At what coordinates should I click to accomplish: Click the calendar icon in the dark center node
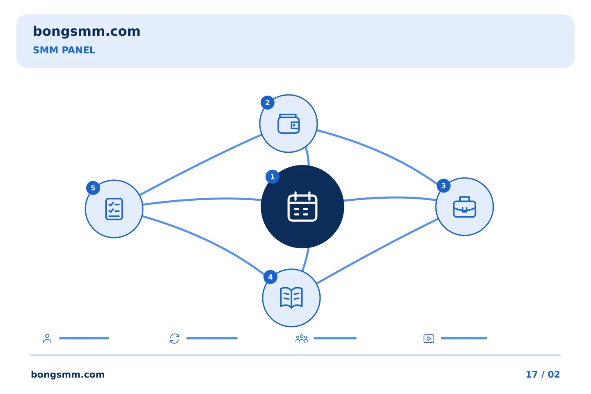pos(302,206)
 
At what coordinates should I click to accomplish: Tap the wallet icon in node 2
pos(289,124)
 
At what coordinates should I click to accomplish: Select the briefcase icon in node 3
pos(464,207)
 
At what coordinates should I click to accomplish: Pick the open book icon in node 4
pos(291,298)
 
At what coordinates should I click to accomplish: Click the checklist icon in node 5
pos(114,209)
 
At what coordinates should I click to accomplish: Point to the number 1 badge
pos(273,177)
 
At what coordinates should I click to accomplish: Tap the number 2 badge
pos(268,103)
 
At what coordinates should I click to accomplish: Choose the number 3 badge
pos(444,186)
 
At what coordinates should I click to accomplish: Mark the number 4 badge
pos(270,277)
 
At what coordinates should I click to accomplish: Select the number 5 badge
pos(93,188)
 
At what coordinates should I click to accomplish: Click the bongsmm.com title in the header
pos(87,32)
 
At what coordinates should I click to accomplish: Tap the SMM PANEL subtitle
pos(64,50)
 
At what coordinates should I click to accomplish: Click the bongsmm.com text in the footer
pos(68,374)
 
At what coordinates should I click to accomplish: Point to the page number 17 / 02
pos(543,374)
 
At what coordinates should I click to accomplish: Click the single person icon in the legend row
pos(47,338)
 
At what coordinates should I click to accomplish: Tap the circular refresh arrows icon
pos(174,339)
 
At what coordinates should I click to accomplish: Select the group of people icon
pos(302,339)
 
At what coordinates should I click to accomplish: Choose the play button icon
pos(429,339)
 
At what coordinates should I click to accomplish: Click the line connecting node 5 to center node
pos(202,199)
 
